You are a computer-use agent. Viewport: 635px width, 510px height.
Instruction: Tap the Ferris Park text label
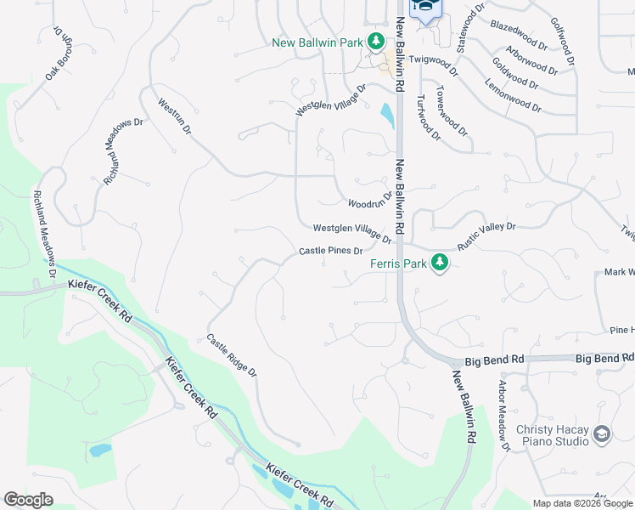398,263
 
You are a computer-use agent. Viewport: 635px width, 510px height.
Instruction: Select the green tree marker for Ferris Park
439,263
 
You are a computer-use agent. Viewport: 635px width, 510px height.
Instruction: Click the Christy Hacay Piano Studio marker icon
602,435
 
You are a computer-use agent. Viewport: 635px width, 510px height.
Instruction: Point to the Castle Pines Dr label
331,252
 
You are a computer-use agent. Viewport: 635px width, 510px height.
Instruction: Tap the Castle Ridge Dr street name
232,355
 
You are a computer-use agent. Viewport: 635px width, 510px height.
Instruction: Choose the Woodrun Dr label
370,200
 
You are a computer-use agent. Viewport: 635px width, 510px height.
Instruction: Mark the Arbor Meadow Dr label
503,415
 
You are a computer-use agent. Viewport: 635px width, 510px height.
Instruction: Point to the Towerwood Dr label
452,110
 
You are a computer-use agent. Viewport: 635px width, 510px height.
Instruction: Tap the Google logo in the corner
28,500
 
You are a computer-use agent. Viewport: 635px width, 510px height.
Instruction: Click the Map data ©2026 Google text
582,503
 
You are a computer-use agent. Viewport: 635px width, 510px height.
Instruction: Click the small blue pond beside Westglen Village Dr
387,115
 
